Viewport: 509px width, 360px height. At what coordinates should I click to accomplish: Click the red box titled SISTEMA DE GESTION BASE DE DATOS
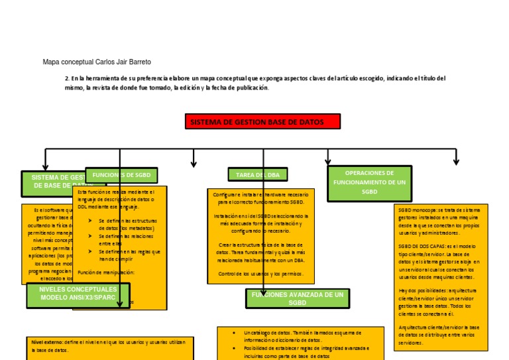(262, 122)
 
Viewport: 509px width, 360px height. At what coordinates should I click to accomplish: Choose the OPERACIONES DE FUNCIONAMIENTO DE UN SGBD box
(369, 182)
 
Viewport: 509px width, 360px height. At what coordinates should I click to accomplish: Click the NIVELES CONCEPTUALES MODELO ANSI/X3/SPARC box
(78, 294)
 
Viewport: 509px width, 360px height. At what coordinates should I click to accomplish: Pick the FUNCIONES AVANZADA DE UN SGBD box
(297, 298)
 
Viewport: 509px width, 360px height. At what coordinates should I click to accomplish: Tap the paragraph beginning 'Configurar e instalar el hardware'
(260, 198)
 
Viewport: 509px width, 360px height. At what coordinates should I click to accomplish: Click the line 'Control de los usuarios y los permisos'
(260, 274)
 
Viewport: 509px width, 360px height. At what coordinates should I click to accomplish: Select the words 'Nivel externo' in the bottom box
(44, 342)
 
